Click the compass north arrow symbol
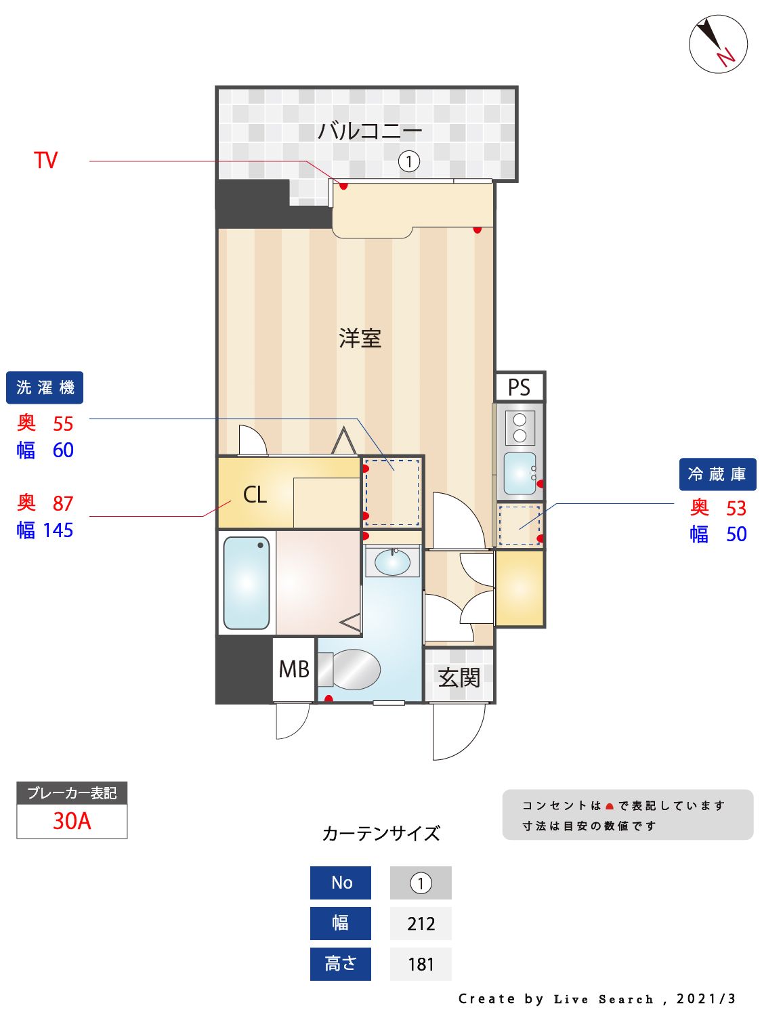click(x=717, y=44)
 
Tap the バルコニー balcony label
click(x=370, y=130)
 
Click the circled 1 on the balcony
click(x=409, y=161)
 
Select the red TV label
click(x=46, y=161)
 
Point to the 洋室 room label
click(x=360, y=338)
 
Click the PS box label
click(x=519, y=387)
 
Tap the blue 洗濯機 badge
click(x=45, y=387)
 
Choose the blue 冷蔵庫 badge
click(x=717, y=474)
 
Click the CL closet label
click(x=255, y=494)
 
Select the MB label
click(x=294, y=669)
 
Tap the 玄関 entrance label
click(x=459, y=677)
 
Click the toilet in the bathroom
click(x=351, y=669)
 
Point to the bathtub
click(x=247, y=583)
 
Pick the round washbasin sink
click(x=392, y=562)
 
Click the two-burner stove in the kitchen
click(x=520, y=427)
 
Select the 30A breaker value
click(x=72, y=821)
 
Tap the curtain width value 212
click(x=421, y=924)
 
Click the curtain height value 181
click(x=421, y=964)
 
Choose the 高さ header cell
click(x=341, y=964)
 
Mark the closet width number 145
click(x=58, y=530)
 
